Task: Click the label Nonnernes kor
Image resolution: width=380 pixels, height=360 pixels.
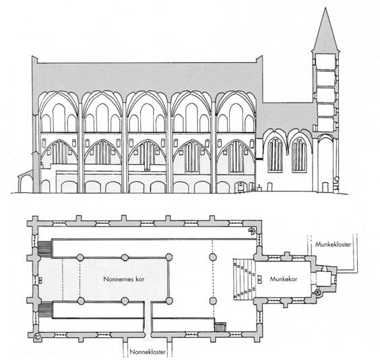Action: click(x=124, y=279)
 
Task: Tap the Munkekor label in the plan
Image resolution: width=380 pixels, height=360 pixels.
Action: click(x=283, y=279)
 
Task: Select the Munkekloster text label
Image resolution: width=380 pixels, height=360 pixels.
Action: click(x=333, y=244)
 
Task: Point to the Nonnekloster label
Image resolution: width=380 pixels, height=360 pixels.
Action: click(x=148, y=352)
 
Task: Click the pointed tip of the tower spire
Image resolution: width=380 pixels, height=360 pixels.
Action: click(x=325, y=8)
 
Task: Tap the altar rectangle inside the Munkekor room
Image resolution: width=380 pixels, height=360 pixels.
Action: click(x=260, y=279)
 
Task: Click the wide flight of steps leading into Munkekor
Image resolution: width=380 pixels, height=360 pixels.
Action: click(x=244, y=279)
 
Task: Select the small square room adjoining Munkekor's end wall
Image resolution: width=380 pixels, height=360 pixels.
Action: click(x=323, y=279)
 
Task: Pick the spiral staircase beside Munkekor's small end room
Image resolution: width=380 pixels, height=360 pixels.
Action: click(x=317, y=293)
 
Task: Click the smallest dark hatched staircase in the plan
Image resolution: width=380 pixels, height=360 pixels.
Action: click(x=220, y=327)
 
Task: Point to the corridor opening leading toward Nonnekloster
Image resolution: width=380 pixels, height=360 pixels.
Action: click(x=148, y=320)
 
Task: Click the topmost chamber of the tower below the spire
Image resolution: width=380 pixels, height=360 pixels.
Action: click(x=325, y=61)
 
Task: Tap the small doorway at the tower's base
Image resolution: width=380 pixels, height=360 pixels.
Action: click(x=325, y=187)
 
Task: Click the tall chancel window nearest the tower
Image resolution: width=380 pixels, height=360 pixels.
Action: click(x=299, y=155)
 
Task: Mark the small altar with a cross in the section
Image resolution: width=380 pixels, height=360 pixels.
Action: click(x=259, y=189)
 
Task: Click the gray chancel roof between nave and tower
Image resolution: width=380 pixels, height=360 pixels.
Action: click(x=286, y=117)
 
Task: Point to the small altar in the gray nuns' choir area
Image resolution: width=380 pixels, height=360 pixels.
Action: click(x=40, y=280)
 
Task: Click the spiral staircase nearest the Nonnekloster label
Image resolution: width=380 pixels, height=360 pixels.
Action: click(x=37, y=336)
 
